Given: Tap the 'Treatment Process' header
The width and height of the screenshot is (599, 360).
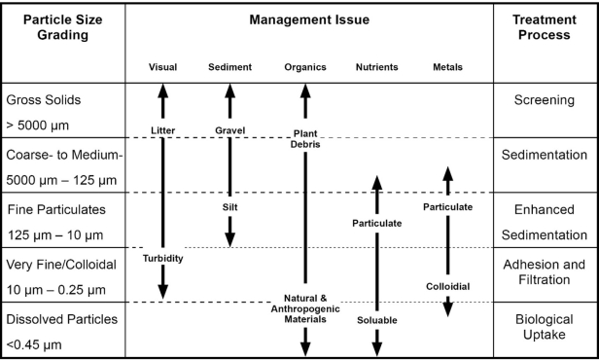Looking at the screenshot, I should (x=546, y=28).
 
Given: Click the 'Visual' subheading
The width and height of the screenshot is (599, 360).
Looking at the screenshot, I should (x=162, y=67).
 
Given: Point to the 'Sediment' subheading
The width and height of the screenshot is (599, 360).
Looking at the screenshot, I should (x=229, y=67).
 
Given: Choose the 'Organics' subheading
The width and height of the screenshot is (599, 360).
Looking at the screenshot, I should (x=304, y=67).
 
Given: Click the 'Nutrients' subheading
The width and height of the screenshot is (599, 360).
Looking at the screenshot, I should (x=374, y=67).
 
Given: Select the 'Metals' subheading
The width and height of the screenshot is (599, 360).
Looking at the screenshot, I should (x=447, y=67).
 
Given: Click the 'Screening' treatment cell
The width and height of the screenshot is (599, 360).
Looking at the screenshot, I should (x=546, y=100).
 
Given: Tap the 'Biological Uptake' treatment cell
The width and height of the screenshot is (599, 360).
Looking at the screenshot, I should (x=546, y=329).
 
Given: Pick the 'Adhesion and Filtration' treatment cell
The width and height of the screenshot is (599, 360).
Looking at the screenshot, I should (x=546, y=274).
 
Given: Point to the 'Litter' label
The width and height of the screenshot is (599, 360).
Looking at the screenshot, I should (x=162, y=130).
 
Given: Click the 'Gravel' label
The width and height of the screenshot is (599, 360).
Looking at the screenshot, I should (x=229, y=130).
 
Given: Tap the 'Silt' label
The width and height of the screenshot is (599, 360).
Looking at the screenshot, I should (x=229, y=206).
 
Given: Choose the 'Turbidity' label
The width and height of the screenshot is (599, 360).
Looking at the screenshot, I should (x=162, y=259).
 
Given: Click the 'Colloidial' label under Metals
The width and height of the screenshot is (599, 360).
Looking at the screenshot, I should (x=447, y=286).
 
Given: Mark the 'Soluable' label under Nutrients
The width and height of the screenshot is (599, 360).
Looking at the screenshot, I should (x=374, y=319).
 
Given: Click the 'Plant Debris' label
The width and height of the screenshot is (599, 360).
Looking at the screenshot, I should (x=304, y=137).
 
